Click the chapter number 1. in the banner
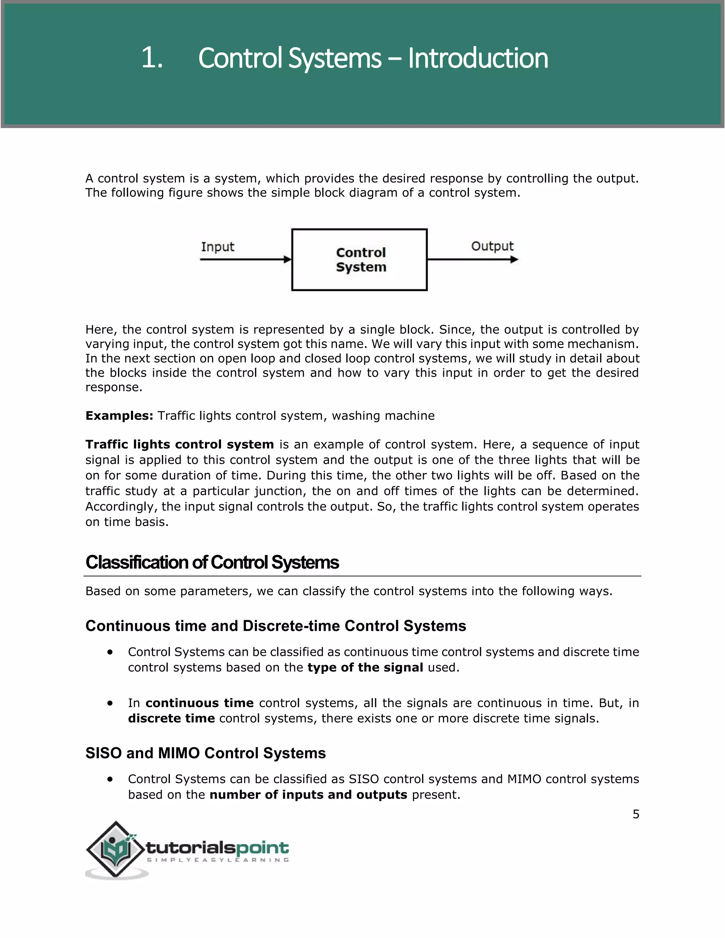tap(152, 58)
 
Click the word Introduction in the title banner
tap(478, 58)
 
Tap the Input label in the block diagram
tap(217, 247)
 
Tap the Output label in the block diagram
tap(492, 246)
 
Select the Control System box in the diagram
tap(360, 260)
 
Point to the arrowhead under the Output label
tap(514, 259)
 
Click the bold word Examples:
tap(119, 416)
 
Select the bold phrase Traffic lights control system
tap(179, 444)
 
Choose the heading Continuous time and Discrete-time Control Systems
tap(275, 626)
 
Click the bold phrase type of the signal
tap(365, 668)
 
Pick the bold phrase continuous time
tap(199, 703)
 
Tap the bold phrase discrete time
tap(171, 719)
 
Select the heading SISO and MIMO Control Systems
tap(205, 753)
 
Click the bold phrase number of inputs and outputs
tap(308, 795)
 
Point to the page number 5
tap(636, 814)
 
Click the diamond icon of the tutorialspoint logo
tap(115, 849)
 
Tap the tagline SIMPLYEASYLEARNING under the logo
tap(218, 860)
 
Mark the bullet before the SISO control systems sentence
tap(110, 779)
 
